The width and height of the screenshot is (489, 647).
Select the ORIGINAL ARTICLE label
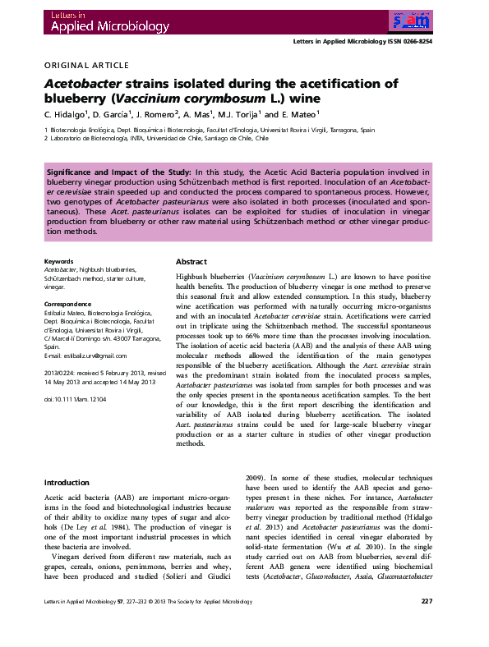click(x=85, y=65)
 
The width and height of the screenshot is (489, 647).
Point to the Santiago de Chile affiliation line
click(x=157, y=139)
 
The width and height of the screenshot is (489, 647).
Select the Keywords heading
click(x=58, y=261)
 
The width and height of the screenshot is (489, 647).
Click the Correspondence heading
click(x=68, y=304)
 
